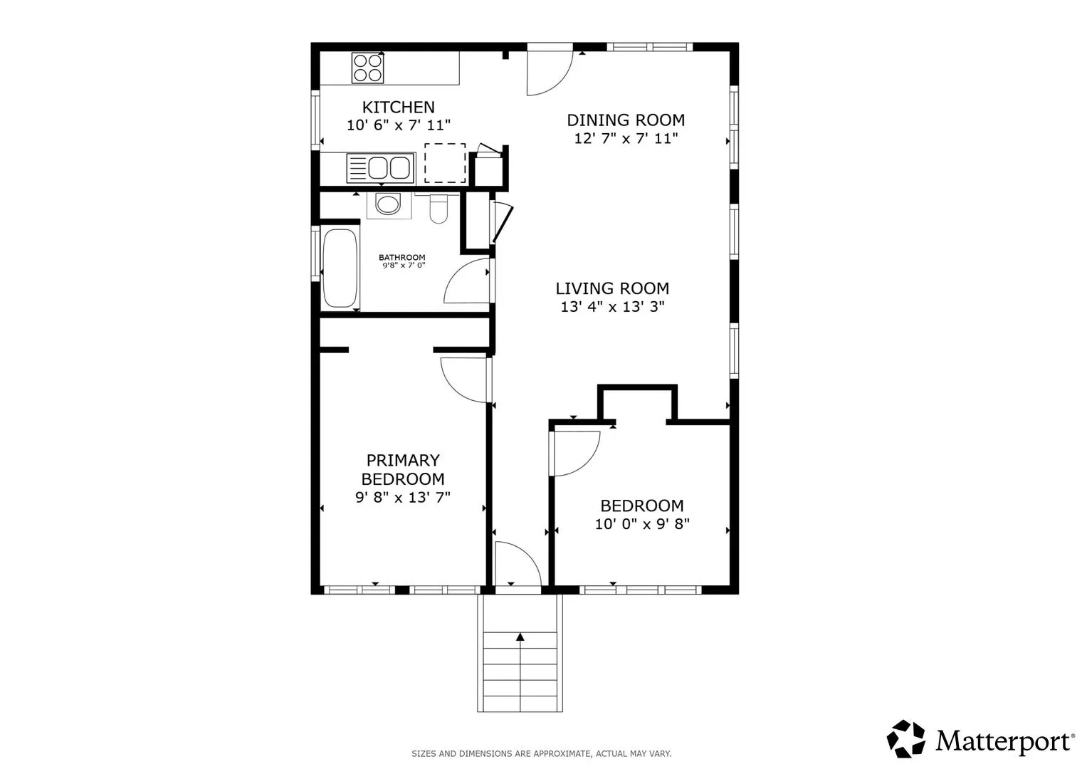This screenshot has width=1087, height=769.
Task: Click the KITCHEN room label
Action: point(399,107)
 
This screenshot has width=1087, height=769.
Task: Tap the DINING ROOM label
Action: point(626,120)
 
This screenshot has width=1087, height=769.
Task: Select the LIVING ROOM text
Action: point(612,288)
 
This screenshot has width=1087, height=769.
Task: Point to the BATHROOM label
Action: point(401,257)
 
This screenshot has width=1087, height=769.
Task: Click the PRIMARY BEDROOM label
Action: point(403,469)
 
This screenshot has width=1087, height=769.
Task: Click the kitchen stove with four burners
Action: point(368,68)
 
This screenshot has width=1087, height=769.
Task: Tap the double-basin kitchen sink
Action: point(381,169)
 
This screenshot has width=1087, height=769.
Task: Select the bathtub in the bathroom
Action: point(340,268)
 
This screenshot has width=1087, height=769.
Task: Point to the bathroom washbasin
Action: point(388,205)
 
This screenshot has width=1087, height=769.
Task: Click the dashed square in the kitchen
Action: point(445,163)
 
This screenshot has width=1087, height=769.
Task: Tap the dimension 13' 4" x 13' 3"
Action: point(612,307)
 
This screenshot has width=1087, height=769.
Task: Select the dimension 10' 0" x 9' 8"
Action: point(642,524)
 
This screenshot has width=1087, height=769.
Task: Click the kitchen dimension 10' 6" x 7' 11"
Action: point(399,125)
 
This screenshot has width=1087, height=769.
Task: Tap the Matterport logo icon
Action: point(905,738)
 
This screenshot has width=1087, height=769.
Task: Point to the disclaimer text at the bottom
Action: point(542,754)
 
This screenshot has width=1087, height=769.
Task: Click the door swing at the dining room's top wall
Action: point(550,73)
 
